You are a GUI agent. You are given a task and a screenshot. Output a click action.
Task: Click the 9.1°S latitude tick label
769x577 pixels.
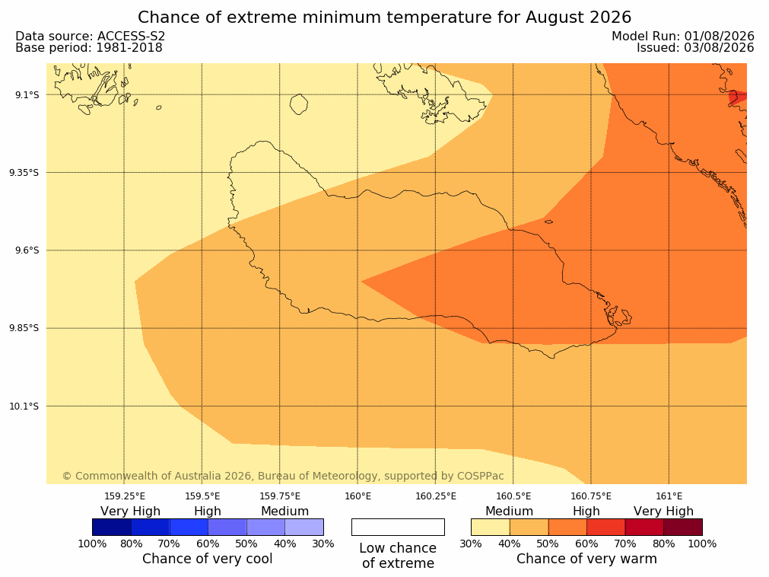click(x=27, y=94)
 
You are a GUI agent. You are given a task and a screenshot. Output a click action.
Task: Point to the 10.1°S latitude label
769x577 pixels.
click(x=24, y=406)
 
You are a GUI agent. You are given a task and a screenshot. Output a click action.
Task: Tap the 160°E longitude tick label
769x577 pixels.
click(x=358, y=496)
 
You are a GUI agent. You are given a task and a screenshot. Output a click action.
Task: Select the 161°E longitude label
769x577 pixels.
click(x=669, y=496)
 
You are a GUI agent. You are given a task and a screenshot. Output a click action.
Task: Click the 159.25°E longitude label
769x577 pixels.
click(x=125, y=496)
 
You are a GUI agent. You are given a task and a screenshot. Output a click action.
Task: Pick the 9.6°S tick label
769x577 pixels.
click(x=27, y=250)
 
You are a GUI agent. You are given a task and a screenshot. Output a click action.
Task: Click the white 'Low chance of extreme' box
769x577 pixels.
click(x=399, y=527)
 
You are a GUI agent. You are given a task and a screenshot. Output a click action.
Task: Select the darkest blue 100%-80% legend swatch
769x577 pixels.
click(x=112, y=527)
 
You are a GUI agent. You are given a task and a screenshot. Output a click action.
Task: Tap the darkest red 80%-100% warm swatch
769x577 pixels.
click(x=683, y=527)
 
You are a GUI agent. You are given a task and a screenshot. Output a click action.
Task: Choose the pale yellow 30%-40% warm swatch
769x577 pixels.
click(x=491, y=527)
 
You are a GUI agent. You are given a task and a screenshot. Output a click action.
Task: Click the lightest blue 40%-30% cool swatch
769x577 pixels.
click(x=304, y=527)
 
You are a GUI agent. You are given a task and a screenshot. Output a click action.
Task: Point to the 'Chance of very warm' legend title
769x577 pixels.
click(x=586, y=559)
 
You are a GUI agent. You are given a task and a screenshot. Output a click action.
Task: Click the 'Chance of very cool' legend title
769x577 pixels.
click(x=208, y=559)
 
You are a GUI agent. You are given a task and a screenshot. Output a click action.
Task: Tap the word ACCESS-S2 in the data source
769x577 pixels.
click(x=131, y=36)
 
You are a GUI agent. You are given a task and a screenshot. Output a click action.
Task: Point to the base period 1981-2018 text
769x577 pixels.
click(x=129, y=48)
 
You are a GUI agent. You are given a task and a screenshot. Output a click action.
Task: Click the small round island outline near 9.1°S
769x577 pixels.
click(x=299, y=104)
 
